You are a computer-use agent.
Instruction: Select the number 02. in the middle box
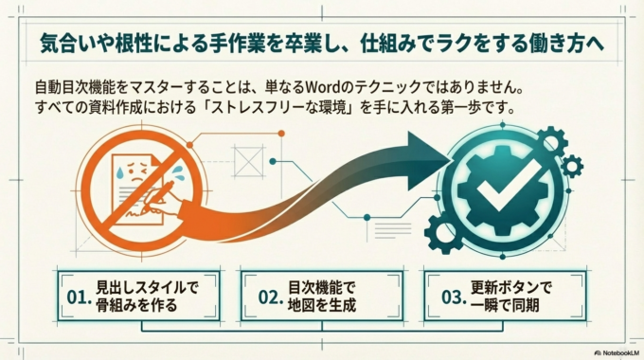pos(271,296)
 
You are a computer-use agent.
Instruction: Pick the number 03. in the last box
pos(452,296)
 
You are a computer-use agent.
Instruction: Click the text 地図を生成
pos(322,305)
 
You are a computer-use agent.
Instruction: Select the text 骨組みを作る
pos(136,305)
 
